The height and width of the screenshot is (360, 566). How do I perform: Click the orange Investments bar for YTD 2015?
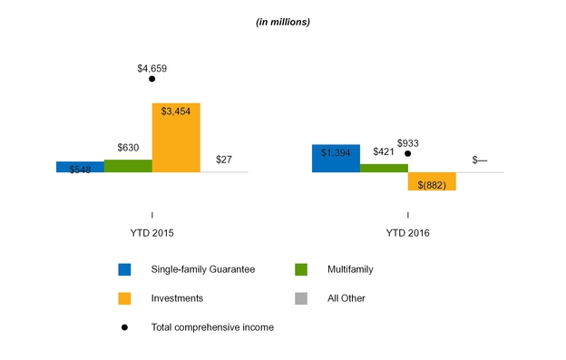[176, 138]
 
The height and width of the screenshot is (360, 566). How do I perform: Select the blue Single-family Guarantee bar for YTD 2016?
[336, 159]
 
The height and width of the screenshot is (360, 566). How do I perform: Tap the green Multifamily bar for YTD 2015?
[128, 166]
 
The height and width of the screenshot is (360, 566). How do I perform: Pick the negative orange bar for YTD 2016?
[432, 181]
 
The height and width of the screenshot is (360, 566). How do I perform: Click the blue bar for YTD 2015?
[80, 167]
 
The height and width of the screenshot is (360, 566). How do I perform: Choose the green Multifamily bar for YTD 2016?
[384, 168]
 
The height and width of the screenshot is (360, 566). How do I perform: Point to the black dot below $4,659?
[152, 79]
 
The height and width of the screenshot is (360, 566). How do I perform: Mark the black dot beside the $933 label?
[408, 153]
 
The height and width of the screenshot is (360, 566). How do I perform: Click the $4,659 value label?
[152, 69]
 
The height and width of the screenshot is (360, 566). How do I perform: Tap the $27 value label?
[224, 160]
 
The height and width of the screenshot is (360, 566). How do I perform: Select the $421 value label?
[384, 151]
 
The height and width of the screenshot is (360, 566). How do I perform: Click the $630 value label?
[128, 148]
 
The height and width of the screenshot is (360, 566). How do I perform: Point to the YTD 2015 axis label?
[152, 233]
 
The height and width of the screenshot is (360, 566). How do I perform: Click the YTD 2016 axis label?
[408, 233]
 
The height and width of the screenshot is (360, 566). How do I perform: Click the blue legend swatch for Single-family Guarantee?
[124, 269]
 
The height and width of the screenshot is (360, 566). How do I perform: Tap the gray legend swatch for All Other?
[301, 298]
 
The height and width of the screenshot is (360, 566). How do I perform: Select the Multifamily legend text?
[350, 269]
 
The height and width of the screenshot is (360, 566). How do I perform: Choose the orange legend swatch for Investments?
[124, 298]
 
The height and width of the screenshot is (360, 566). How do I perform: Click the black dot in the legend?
[124, 327]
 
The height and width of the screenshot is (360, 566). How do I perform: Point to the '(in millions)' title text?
[283, 22]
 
